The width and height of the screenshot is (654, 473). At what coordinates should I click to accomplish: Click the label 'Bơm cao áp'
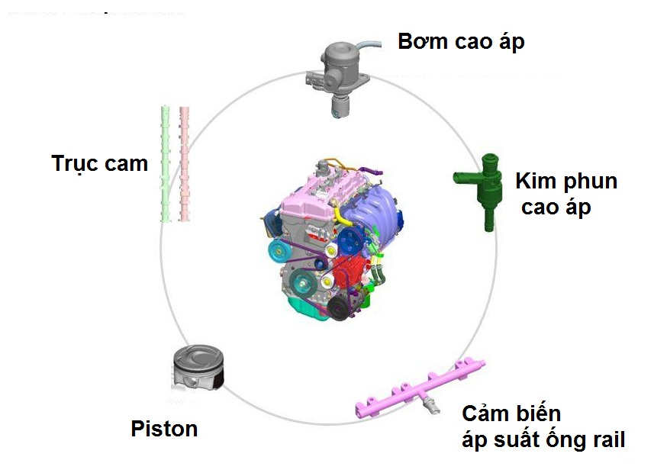[461, 42]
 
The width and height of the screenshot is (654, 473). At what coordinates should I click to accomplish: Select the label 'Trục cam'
[99, 163]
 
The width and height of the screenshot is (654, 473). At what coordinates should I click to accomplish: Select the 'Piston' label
[164, 429]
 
